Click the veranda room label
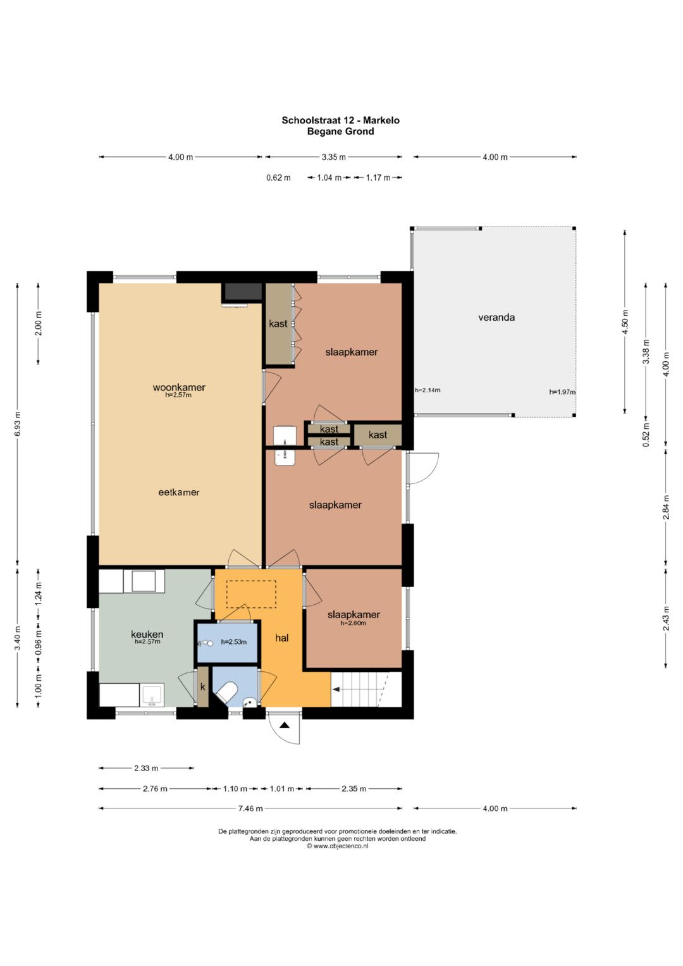tap(496, 318)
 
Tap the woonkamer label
tap(179, 387)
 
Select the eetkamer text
tap(179, 492)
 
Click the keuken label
tap(147, 634)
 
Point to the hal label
tap(282, 638)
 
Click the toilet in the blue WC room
tap(226, 692)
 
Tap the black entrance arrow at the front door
tap(284, 726)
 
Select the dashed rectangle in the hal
tap(252, 594)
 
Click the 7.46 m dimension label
tap(250, 808)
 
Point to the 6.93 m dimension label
tap(18, 424)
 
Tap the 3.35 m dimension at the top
tap(333, 157)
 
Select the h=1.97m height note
tap(562, 392)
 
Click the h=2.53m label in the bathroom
tap(234, 641)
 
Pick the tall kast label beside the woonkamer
tap(278, 323)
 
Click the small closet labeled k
tap(202, 688)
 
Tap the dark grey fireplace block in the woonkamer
tap(242, 292)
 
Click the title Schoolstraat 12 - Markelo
tap(341, 120)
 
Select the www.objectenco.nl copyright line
tap(338, 846)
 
